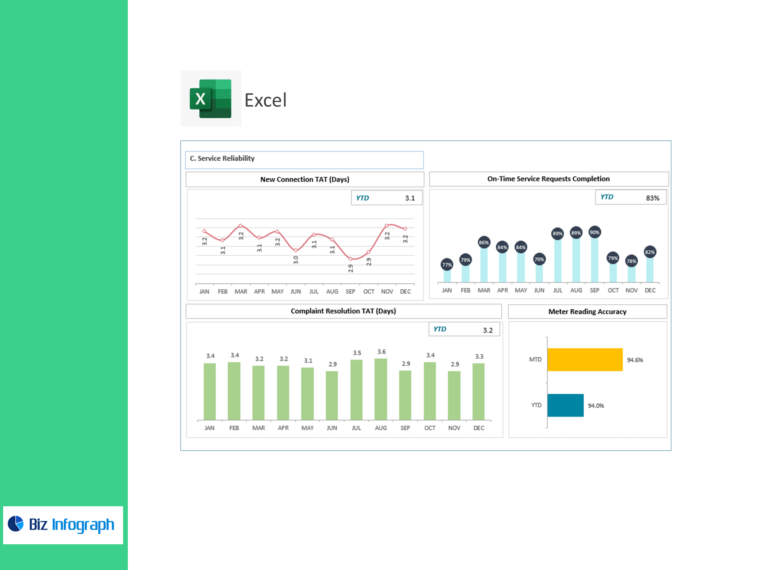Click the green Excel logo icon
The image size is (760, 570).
pyautogui.click(x=211, y=99)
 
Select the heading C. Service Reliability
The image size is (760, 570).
pyautogui.click(x=222, y=158)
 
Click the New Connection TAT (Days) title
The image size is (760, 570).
pyautogui.click(x=305, y=179)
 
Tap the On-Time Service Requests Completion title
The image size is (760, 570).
pyautogui.click(x=549, y=179)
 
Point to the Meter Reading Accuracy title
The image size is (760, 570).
pyautogui.click(x=587, y=312)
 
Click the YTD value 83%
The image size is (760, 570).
pyautogui.click(x=653, y=198)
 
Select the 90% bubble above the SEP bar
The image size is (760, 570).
pyautogui.click(x=595, y=232)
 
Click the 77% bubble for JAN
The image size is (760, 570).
pyautogui.click(x=447, y=265)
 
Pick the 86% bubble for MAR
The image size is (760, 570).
pyautogui.click(x=484, y=243)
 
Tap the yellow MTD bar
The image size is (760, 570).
pyautogui.click(x=585, y=359)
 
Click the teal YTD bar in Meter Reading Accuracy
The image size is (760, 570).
pyautogui.click(x=566, y=405)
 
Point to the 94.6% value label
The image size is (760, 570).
pyautogui.click(x=635, y=360)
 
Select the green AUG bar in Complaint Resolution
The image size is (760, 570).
pyautogui.click(x=381, y=389)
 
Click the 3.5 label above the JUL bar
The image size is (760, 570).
pyautogui.click(x=357, y=353)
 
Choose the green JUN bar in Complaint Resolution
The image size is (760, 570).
pyautogui.click(x=332, y=395)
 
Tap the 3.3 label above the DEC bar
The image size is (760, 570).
pyautogui.click(x=479, y=356)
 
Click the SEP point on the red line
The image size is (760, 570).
pyautogui.click(x=350, y=259)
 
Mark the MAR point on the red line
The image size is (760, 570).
pyautogui.click(x=241, y=226)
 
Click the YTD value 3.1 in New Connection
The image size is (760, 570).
pyautogui.click(x=410, y=198)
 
